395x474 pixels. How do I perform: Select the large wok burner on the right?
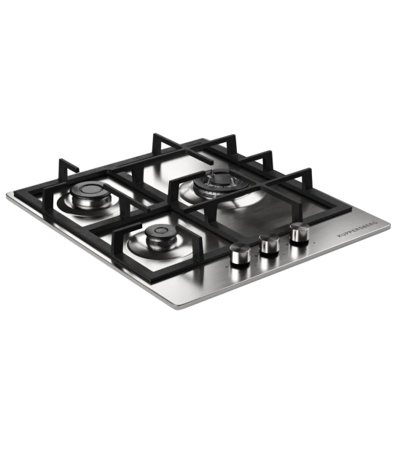pos(216,182)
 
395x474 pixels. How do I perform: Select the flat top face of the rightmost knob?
pos(298,228)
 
